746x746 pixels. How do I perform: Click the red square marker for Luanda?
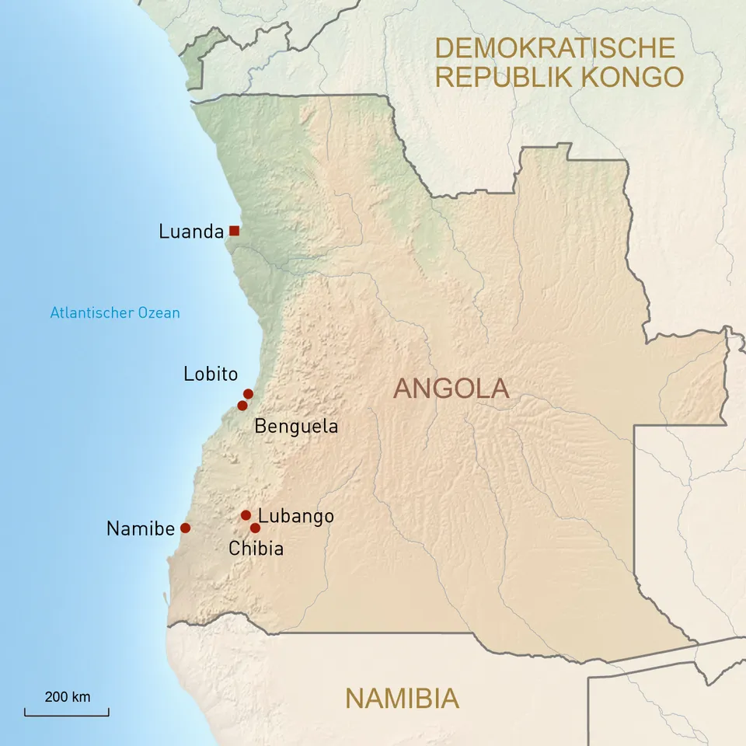tap(234, 231)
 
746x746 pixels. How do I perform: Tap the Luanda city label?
tap(191, 232)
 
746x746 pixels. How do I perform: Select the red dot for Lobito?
tap(248, 394)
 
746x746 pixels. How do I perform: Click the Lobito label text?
tap(211, 374)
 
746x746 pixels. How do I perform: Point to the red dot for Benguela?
tap(242, 406)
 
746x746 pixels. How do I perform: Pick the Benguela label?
tap(296, 427)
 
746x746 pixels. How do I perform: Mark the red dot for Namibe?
tap(185, 528)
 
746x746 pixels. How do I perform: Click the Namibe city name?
tap(141, 529)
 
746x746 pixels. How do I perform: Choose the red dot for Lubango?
tap(246, 515)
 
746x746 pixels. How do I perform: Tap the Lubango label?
tap(296, 516)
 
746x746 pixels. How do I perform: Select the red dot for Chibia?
tap(255, 528)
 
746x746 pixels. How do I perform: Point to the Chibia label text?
tap(256, 549)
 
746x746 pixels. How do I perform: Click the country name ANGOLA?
tap(451, 389)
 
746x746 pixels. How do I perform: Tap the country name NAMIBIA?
tap(402, 699)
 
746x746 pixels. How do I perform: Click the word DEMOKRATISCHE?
tap(555, 47)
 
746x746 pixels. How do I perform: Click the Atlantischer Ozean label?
tap(115, 313)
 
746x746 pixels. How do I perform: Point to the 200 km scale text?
tap(68, 696)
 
